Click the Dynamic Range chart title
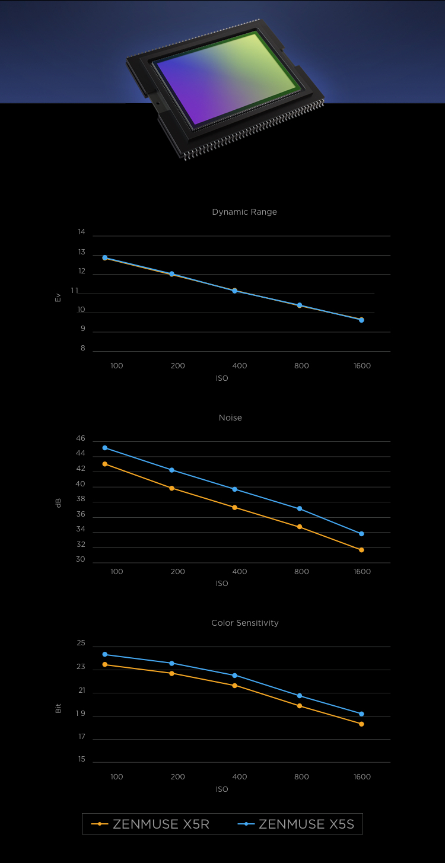[244, 212]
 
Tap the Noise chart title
[230, 418]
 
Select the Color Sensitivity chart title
[244, 623]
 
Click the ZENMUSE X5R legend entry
[151, 824]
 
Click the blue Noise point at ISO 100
[105, 448]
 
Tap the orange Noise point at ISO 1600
[361, 550]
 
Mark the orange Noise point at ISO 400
[235, 508]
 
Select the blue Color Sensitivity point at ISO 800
[300, 696]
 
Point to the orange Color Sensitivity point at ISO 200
[172, 673]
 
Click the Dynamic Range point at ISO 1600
[361, 320]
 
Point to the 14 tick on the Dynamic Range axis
[81, 232]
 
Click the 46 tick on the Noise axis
[81, 439]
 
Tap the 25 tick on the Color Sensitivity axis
[81, 644]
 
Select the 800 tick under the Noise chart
[301, 572]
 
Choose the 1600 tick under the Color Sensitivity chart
[362, 777]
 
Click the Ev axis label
[58, 298]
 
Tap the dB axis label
[58, 503]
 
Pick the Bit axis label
[58, 708]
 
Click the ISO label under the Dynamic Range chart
[222, 378]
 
